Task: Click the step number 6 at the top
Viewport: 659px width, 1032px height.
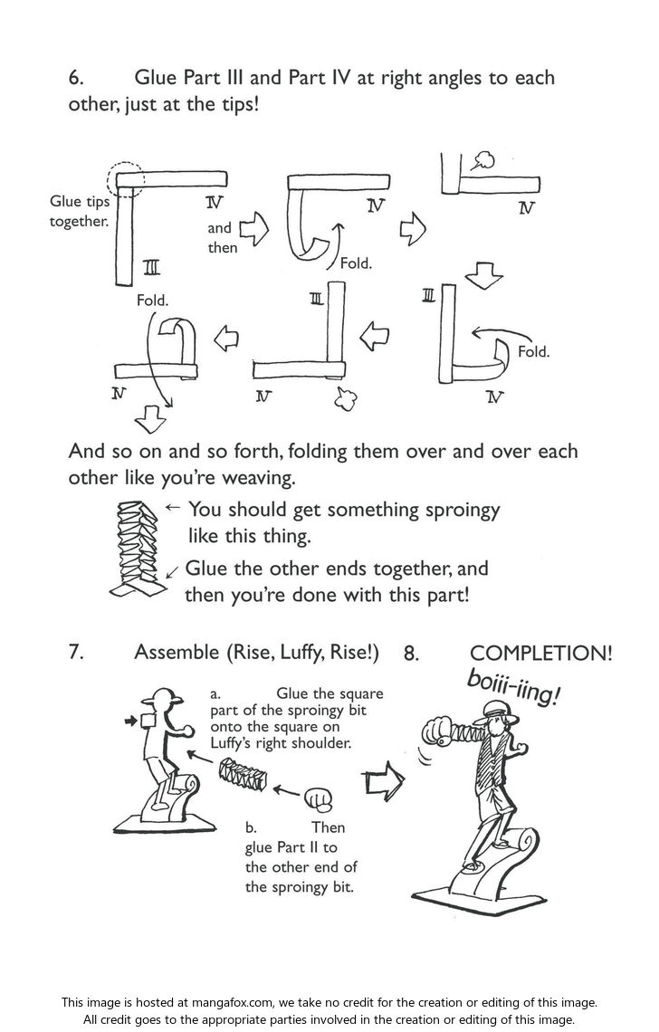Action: pos(76,78)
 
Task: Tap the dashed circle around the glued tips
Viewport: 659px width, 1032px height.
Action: pos(126,179)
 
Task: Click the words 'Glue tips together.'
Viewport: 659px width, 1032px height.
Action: pos(79,211)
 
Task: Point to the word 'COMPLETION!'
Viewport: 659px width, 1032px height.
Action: pos(541,654)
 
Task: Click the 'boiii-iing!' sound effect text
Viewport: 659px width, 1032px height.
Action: pos(513,689)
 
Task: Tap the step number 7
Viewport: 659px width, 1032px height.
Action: pos(76,652)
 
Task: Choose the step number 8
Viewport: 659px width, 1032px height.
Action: pos(411,654)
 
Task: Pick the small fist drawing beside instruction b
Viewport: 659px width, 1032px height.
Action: pos(318,798)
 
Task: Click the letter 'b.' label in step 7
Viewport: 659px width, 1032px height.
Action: pos(252,827)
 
